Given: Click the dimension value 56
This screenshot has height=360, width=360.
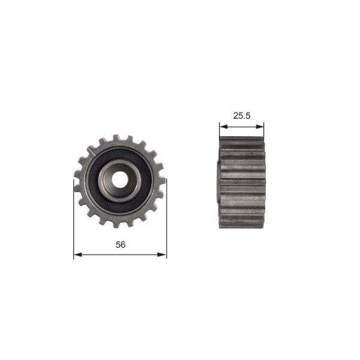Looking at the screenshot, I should coord(121,244).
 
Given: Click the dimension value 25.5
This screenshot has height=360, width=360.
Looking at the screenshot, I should coord(241,116).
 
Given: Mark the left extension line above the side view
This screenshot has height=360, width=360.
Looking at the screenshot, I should coord(220,133).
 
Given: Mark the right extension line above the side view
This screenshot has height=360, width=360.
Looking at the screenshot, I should coord(264,133).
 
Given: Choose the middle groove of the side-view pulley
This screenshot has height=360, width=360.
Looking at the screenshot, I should coord(242,182).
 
